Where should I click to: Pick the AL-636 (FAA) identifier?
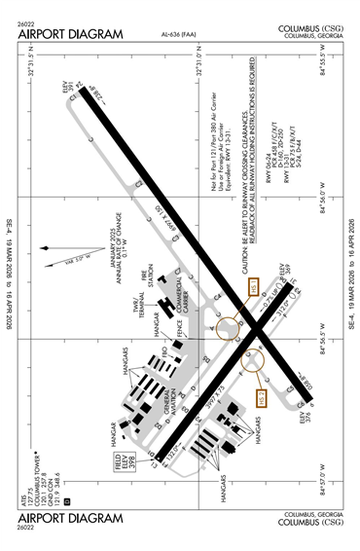(179, 37)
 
